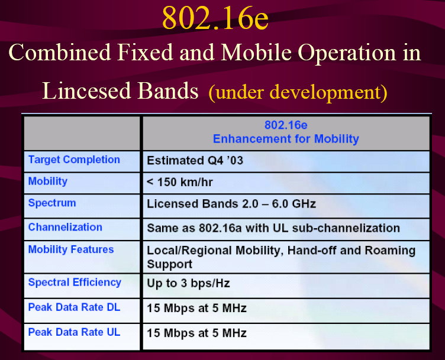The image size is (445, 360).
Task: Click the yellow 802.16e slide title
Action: click(x=215, y=18)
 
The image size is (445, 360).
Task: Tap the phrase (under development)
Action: click(x=298, y=93)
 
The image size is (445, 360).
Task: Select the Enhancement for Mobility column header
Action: click(x=286, y=139)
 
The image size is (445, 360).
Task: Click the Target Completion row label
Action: click(x=74, y=160)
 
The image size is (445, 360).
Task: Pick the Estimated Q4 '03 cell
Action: click(x=195, y=160)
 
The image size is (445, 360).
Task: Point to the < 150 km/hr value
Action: click(x=180, y=182)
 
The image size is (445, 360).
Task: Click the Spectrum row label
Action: click(x=52, y=203)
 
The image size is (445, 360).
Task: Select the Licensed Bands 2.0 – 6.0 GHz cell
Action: click(x=231, y=204)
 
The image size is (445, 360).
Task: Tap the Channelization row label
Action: click(x=65, y=228)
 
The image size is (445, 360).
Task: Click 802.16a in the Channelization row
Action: click(x=220, y=228)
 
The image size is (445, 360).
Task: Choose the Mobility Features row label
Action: click(x=71, y=249)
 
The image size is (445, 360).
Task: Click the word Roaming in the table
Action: click(x=390, y=251)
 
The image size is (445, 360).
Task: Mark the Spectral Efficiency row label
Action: click(x=75, y=283)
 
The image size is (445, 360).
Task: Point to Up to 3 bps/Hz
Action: click(x=188, y=284)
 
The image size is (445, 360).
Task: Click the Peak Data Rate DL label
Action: click(x=74, y=307)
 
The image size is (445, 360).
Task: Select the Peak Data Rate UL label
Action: click(x=74, y=332)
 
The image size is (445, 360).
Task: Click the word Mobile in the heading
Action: click(x=256, y=53)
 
